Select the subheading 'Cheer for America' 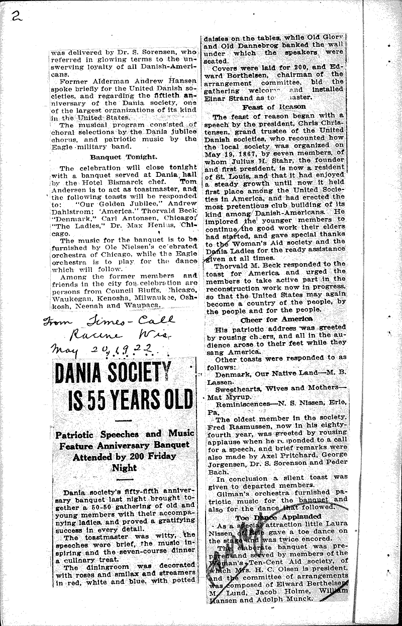(x=272, y=320)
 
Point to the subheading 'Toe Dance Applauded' (x=273, y=516)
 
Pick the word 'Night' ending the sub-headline (x=125, y=467)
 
